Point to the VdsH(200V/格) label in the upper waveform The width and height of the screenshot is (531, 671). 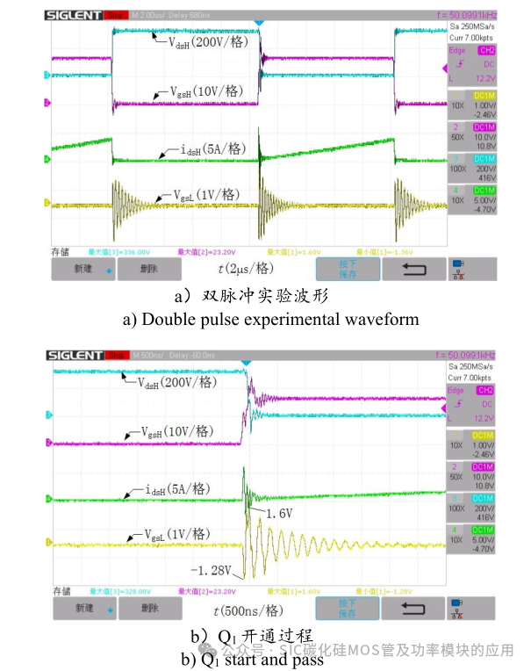[x=211, y=42]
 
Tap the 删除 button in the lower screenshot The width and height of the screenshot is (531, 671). [x=149, y=608]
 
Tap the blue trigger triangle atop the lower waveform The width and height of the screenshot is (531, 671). [x=246, y=363]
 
